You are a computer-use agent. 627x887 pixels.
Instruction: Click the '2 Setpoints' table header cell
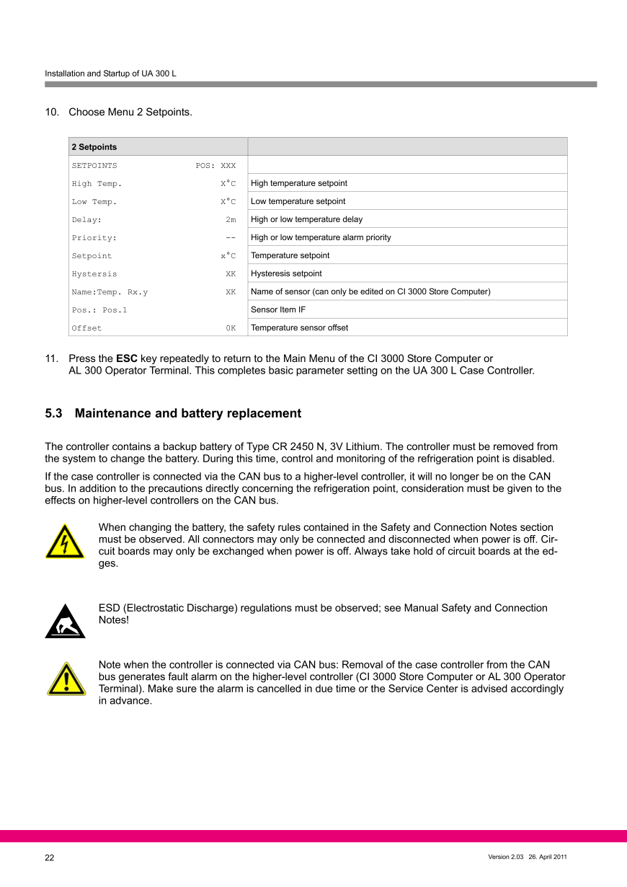(x=94, y=147)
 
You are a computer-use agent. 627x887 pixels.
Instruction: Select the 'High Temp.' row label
(x=97, y=184)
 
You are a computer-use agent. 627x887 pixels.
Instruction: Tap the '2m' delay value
(x=231, y=220)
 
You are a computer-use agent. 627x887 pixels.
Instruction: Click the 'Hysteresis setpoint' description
(x=286, y=274)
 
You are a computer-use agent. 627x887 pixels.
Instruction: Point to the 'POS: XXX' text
(x=215, y=166)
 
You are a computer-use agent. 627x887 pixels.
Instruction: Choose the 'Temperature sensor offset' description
(x=299, y=328)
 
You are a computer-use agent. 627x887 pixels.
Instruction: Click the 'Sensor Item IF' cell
(x=278, y=310)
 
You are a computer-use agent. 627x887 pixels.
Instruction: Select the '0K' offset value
(x=231, y=328)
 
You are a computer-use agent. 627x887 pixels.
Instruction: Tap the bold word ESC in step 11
(x=127, y=358)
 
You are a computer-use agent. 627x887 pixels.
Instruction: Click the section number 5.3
(x=54, y=413)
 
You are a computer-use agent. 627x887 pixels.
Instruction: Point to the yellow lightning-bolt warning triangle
(x=65, y=542)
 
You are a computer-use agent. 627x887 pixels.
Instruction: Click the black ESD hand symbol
(x=65, y=622)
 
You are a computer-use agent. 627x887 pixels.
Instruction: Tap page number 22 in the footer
(x=50, y=857)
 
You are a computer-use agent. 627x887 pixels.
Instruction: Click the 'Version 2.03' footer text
(x=505, y=857)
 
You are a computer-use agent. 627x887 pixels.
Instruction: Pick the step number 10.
(x=51, y=112)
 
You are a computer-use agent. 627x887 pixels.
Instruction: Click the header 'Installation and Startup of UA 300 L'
(x=110, y=74)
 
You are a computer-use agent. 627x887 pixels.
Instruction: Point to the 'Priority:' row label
(x=94, y=238)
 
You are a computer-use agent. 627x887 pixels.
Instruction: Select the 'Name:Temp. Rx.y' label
(x=110, y=292)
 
